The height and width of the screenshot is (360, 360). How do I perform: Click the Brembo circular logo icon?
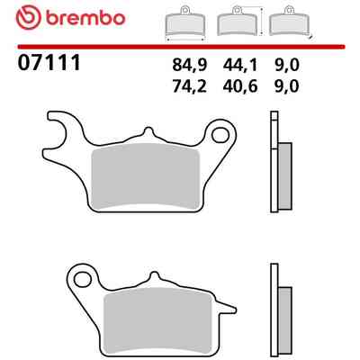point(28,18)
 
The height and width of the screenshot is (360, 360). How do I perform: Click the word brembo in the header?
point(85,18)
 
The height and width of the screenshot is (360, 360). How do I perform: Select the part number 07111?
point(49,63)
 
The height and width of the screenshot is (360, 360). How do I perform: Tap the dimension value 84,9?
point(190,65)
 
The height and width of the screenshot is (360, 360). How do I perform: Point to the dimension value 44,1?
point(240,65)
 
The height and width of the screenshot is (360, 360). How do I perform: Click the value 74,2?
point(190,86)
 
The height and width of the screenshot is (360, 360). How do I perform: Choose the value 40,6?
point(240,86)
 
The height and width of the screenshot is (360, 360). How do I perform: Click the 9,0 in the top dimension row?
point(287,65)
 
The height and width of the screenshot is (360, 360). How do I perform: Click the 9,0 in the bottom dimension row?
point(287,86)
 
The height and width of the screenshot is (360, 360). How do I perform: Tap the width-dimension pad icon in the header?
point(185,24)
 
